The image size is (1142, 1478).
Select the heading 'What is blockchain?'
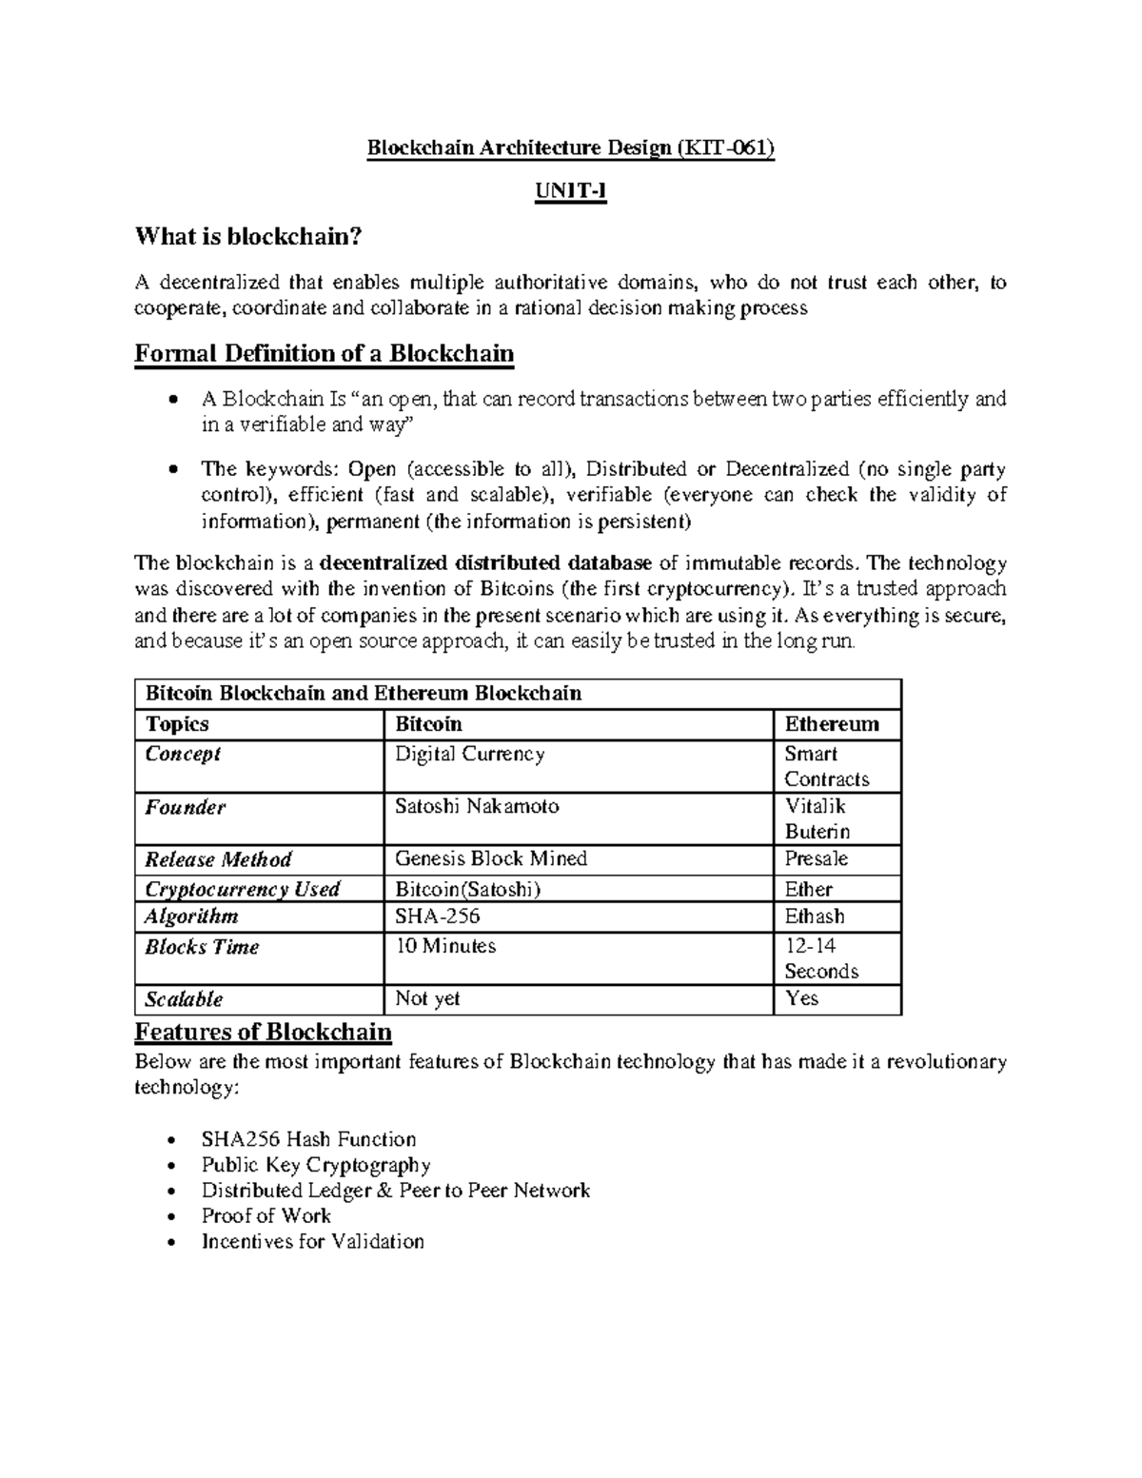click(249, 236)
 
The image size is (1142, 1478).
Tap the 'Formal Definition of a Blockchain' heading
click(325, 354)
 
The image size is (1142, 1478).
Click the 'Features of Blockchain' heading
click(264, 1032)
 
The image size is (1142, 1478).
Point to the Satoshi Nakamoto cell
click(477, 806)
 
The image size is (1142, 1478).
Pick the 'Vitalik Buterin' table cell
click(817, 818)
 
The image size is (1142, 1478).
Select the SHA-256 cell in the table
click(438, 916)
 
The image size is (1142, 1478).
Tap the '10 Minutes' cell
click(445, 946)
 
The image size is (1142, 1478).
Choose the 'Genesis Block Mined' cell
click(491, 858)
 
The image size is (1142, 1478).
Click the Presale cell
click(816, 858)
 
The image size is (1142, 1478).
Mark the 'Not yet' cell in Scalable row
click(427, 998)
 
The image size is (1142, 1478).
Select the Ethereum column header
click(832, 724)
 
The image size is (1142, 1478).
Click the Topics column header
click(177, 724)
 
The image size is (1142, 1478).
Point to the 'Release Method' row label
click(218, 859)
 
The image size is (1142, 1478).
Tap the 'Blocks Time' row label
click(202, 947)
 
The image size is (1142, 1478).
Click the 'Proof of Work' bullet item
click(266, 1215)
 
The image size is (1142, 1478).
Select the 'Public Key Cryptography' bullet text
click(316, 1165)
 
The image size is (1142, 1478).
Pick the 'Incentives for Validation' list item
click(312, 1241)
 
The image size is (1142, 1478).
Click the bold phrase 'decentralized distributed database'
click(487, 563)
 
